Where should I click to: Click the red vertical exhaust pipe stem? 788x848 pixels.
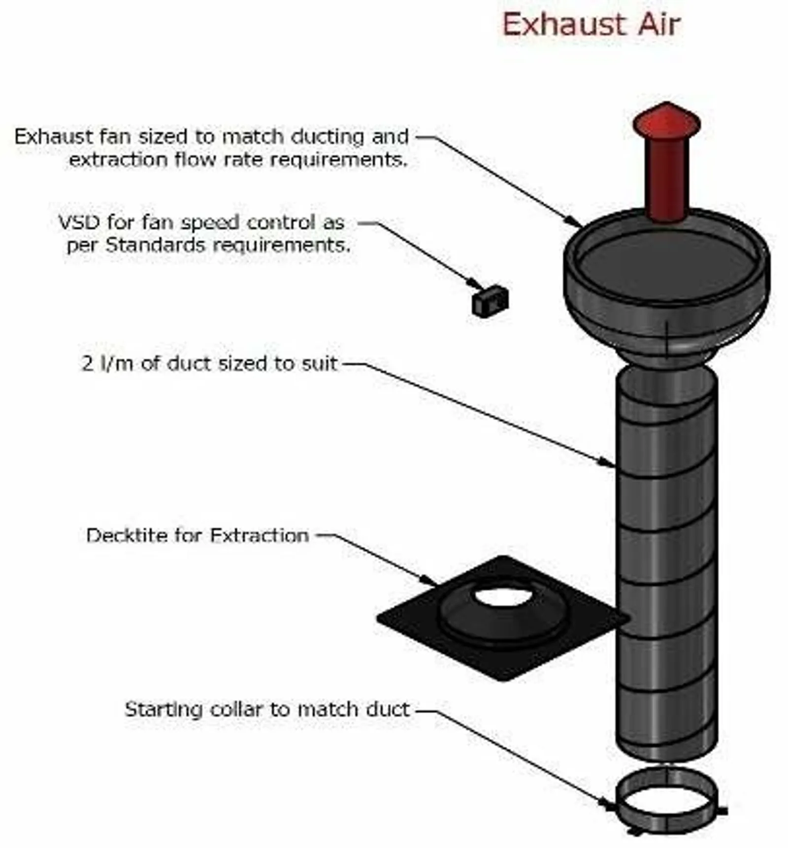(666, 177)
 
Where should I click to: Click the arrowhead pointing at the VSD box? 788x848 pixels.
(477, 285)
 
